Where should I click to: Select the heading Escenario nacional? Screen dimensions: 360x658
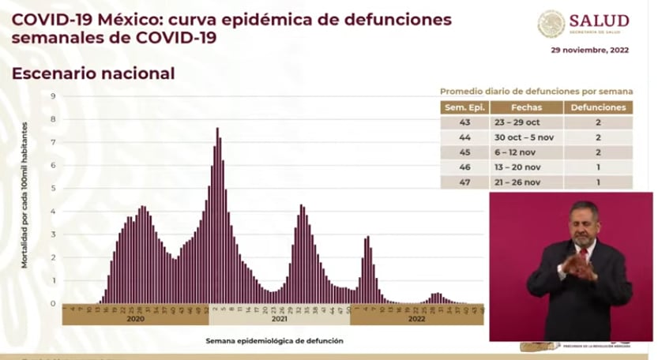(x=92, y=73)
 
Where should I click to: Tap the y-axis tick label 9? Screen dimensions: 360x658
(x=52, y=96)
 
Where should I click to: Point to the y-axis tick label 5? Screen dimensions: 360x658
(x=52, y=189)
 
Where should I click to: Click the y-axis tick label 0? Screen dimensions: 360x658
(x=52, y=304)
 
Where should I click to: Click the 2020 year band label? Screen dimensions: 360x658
(x=135, y=320)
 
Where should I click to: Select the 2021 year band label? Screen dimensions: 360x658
(x=279, y=320)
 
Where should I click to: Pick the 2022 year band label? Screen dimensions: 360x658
(x=416, y=320)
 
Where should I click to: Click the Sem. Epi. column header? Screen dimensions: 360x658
(x=464, y=107)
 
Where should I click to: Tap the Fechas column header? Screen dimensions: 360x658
(x=525, y=107)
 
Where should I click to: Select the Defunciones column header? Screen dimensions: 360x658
(x=597, y=107)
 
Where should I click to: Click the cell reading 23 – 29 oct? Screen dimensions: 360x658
(x=525, y=122)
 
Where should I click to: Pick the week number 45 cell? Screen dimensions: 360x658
(x=464, y=152)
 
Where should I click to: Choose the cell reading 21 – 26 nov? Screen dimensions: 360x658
(x=525, y=182)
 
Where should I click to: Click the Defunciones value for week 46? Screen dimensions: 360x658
(x=597, y=167)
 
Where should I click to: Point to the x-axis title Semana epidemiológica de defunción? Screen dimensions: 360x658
(x=274, y=342)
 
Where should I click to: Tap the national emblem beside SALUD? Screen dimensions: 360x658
(x=551, y=23)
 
